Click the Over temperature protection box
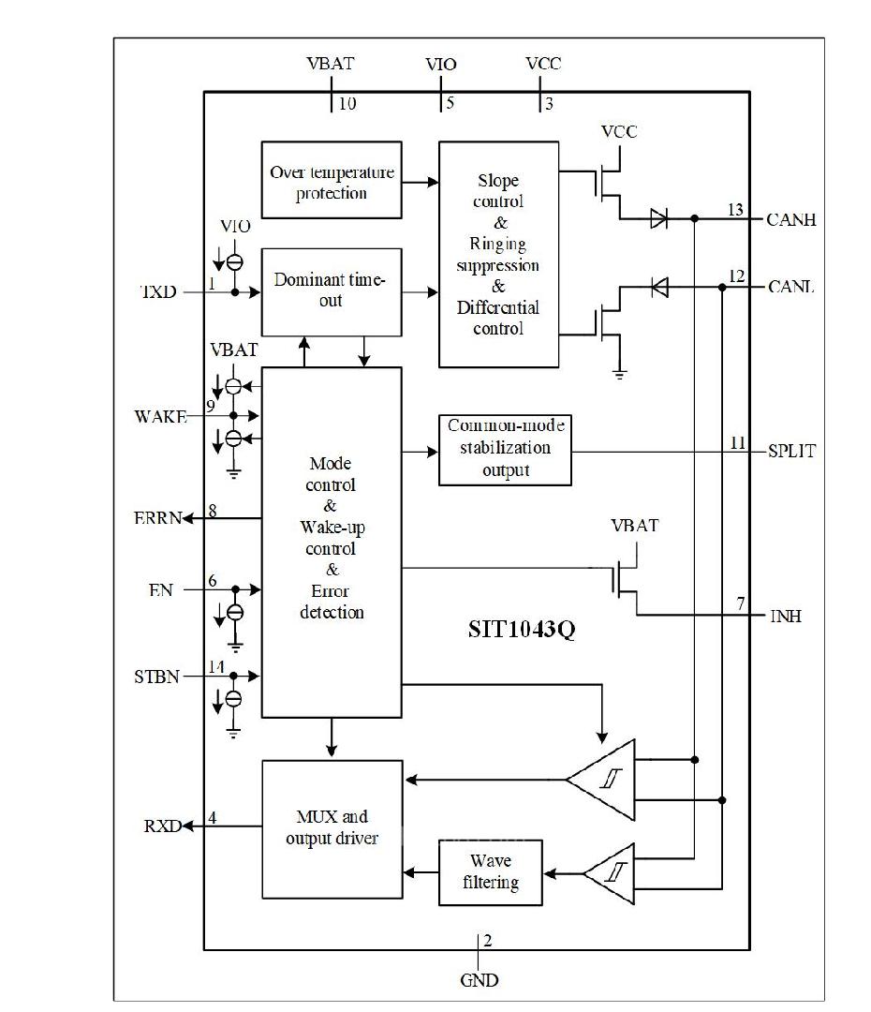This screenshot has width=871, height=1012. (332, 181)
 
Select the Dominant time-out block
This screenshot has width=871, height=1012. (332, 290)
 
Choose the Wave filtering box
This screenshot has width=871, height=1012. (491, 871)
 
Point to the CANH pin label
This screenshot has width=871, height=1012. (790, 220)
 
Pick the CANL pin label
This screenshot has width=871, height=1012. (790, 287)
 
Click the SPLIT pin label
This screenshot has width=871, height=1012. (790, 452)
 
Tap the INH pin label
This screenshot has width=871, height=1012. (785, 617)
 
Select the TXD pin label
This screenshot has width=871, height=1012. (157, 292)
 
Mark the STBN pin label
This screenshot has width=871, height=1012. (156, 676)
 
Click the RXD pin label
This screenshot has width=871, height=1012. (161, 826)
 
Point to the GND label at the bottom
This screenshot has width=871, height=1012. (480, 981)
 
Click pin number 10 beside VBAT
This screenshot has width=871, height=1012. (347, 104)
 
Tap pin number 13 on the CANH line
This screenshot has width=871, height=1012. (735, 210)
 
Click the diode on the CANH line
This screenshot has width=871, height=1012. (658, 219)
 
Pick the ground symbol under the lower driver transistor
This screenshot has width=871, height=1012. (618, 373)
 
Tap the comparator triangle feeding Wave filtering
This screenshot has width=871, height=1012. (611, 873)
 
